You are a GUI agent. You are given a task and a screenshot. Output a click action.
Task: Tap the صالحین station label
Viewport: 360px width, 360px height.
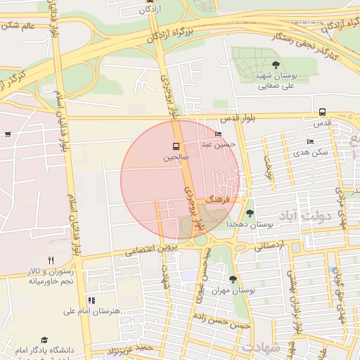pyautogui.click(x=176, y=158)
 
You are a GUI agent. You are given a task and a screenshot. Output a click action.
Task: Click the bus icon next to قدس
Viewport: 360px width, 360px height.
pyautogui.click(x=322, y=112)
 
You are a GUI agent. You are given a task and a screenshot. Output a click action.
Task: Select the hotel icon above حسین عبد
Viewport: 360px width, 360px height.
pyautogui.click(x=218, y=134)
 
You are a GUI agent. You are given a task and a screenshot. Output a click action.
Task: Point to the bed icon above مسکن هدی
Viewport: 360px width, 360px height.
pyautogui.click(x=311, y=141)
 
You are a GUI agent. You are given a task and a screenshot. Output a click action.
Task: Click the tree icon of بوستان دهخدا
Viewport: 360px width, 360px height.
pyautogui.click(x=250, y=213)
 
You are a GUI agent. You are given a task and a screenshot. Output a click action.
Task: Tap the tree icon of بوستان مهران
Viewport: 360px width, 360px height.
pyautogui.click(x=233, y=279)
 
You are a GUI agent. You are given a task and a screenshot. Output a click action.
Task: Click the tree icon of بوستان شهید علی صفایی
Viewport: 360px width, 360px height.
pyautogui.click(x=265, y=65)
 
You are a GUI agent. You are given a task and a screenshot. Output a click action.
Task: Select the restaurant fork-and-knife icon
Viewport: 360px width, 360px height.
pyautogui.click(x=51, y=260)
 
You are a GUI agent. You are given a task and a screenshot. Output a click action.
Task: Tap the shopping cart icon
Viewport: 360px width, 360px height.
pyautogui.click(x=7, y=134)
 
